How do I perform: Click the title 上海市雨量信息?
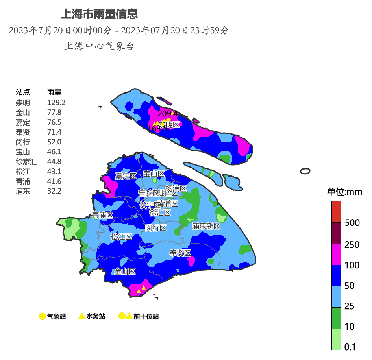pos(99,15)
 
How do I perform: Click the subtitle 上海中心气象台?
pos(99,46)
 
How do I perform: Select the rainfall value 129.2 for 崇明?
pos(56,103)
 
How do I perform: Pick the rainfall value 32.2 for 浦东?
pos(54,191)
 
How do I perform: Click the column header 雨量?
pos(54,92)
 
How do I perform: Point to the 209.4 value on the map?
pos(168,114)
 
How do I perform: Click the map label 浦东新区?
pos(206,226)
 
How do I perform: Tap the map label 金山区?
pos(125,271)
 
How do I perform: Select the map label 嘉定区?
pos(126,176)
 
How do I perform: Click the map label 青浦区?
pos(102,215)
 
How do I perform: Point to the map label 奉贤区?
pos(180,253)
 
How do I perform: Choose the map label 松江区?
pos(121,237)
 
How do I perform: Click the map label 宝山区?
pos(154,174)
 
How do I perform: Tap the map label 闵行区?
pos(155,228)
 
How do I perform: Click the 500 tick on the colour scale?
pos(352,223)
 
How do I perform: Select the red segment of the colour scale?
pos(336,212)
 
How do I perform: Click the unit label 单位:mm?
pos(344,192)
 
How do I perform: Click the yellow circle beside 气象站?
pos(43,316)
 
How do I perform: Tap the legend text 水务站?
pos(96,316)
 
